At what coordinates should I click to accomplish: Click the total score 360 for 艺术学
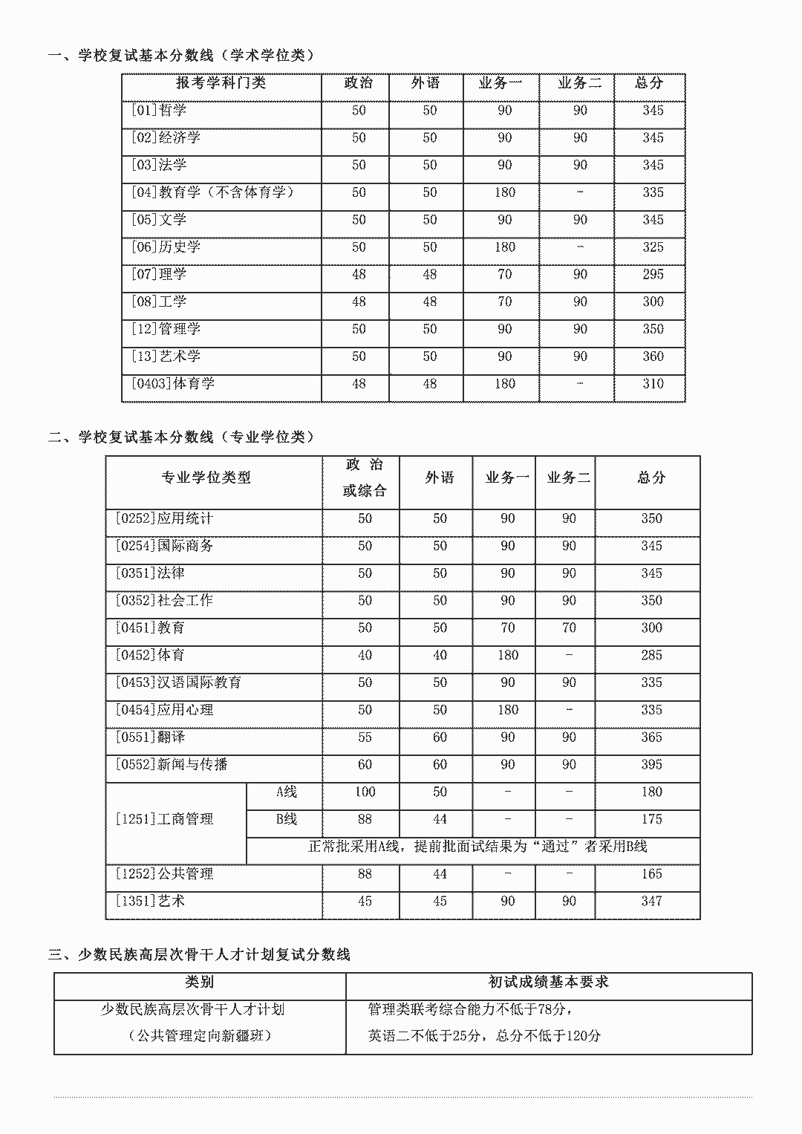click(653, 356)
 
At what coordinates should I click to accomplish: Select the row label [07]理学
click(159, 274)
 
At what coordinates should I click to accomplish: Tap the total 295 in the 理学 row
click(653, 274)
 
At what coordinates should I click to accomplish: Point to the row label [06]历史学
click(166, 247)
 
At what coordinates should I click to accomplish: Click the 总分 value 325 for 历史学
click(653, 247)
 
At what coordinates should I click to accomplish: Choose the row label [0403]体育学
click(173, 383)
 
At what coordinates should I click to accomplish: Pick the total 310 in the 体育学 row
click(653, 383)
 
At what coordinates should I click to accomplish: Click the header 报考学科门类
click(221, 82)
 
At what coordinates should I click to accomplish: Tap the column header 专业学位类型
click(206, 478)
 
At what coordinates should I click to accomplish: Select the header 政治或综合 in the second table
click(365, 478)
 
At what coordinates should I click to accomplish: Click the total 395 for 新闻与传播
click(651, 764)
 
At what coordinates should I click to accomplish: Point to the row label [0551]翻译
click(150, 737)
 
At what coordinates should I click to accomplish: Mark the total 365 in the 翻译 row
click(651, 737)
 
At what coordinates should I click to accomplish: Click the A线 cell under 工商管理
click(287, 792)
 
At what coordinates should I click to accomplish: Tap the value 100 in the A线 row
click(365, 792)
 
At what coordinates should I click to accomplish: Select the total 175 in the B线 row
click(651, 819)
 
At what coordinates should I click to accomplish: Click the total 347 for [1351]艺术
click(651, 901)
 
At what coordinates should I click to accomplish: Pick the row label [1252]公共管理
click(164, 873)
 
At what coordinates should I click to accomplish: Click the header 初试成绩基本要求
click(548, 982)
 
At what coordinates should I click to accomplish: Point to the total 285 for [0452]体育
click(651, 655)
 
